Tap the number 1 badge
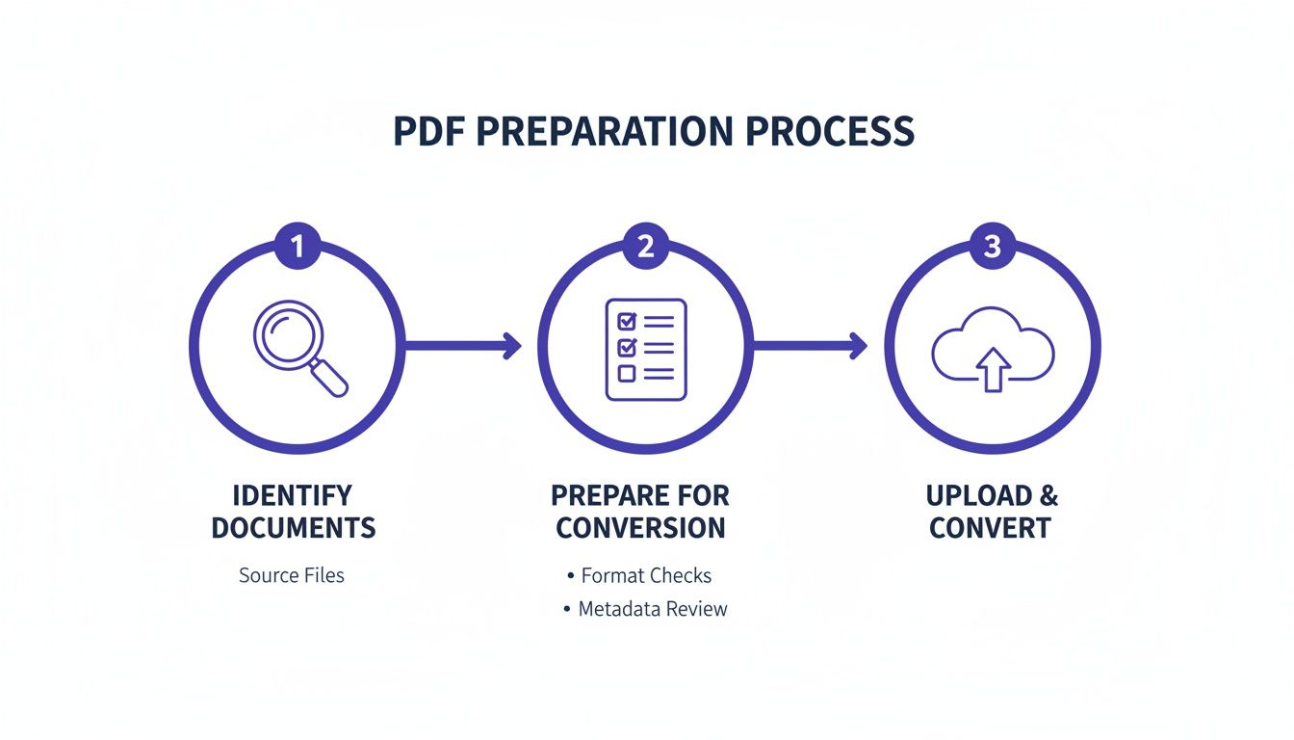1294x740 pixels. (298, 247)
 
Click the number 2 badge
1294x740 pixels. (645, 247)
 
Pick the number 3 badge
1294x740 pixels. (992, 247)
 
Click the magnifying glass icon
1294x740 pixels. (298, 348)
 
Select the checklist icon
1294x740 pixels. (645, 349)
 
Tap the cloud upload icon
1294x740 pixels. (993, 349)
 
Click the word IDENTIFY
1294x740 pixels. (293, 496)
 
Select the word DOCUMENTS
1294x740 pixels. (294, 528)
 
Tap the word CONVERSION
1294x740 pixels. (640, 528)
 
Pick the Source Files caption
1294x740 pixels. (292, 576)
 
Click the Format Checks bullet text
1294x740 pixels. (646, 576)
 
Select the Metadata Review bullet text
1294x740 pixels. (653, 609)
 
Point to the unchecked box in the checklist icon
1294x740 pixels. (627, 373)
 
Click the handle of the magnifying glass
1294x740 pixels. (330, 378)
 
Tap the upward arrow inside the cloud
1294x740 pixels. (993, 368)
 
